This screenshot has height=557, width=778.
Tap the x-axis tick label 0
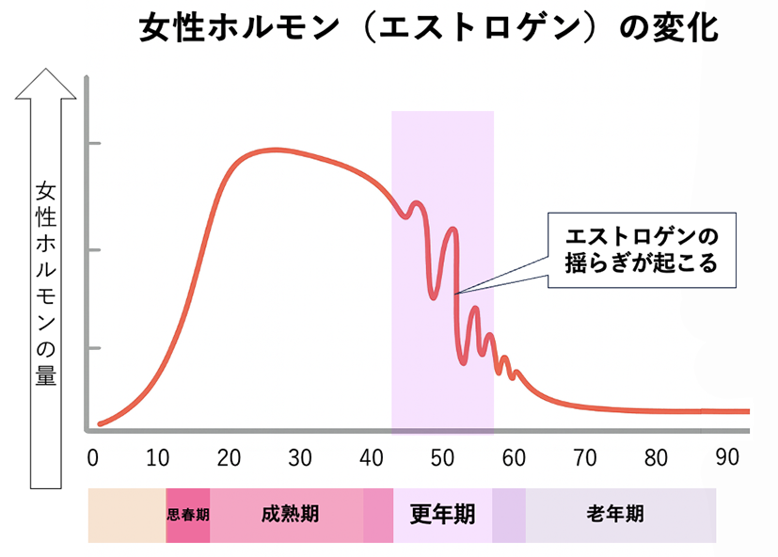[x=92, y=458]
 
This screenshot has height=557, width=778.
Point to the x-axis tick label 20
[x=230, y=458]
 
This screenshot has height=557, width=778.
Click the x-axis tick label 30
[x=300, y=458]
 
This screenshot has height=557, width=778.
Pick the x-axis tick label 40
[x=370, y=458]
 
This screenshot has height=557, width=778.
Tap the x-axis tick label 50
[x=441, y=458]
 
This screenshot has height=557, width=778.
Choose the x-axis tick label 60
[x=514, y=458]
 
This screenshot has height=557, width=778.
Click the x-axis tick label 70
[x=585, y=458]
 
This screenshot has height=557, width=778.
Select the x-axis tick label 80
[x=657, y=458]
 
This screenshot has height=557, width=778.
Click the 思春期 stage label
[x=187, y=516]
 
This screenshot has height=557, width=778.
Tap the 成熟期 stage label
[x=290, y=515]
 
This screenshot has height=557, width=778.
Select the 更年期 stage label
[x=442, y=515]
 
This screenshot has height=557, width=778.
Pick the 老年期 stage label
[x=615, y=515]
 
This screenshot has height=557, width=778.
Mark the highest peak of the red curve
[x=273, y=150]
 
